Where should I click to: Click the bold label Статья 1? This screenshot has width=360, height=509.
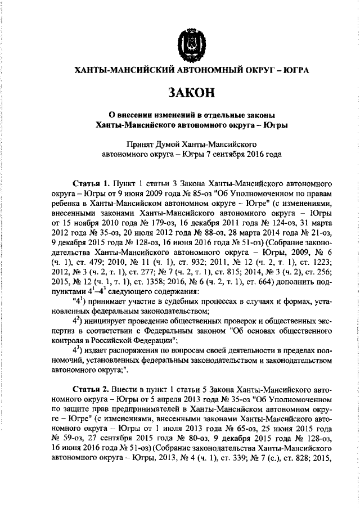(x=92, y=183)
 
